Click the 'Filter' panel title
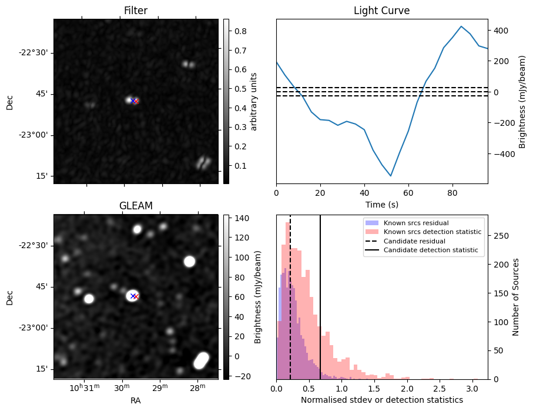136,11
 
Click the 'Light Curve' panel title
381,11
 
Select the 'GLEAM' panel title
136,206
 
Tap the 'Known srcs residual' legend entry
416,223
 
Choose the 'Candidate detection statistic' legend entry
430,250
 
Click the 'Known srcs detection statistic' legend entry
432,232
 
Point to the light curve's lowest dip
391,176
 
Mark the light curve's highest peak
461,26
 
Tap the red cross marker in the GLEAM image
136,296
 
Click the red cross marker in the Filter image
136,101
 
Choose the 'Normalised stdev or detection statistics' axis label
381,400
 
